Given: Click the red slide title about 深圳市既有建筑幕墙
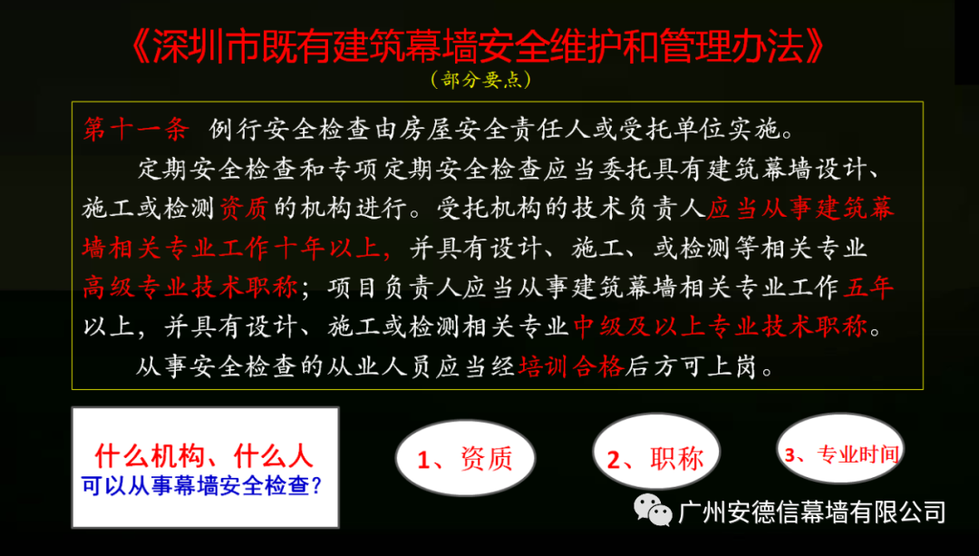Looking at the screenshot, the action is tap(480, 47).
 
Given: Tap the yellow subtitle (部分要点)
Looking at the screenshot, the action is tap(480, 80).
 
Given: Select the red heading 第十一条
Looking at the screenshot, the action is tap(137, 130).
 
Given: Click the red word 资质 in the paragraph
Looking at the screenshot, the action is tap(244, 208).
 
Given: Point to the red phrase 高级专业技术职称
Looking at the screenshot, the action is tap(191, 288).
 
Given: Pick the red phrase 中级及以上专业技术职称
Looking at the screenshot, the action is tap(721, 327).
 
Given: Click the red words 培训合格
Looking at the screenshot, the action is tap(571, 366).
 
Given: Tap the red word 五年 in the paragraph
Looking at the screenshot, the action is tap(869, 288).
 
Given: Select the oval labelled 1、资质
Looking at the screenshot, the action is tap(465, 457).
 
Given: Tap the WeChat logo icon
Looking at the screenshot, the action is tap(653, 510).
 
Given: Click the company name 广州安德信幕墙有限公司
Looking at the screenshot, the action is tap(811, 512).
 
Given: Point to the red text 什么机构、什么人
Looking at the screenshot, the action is tap(204, 456).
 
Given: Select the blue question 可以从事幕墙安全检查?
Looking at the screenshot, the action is tap(201, 485).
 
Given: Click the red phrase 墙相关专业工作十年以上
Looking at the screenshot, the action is tap(232, 248).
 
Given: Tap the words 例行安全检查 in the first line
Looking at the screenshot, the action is tap(290, 130).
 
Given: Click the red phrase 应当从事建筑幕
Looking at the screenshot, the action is tap(800, 208).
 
